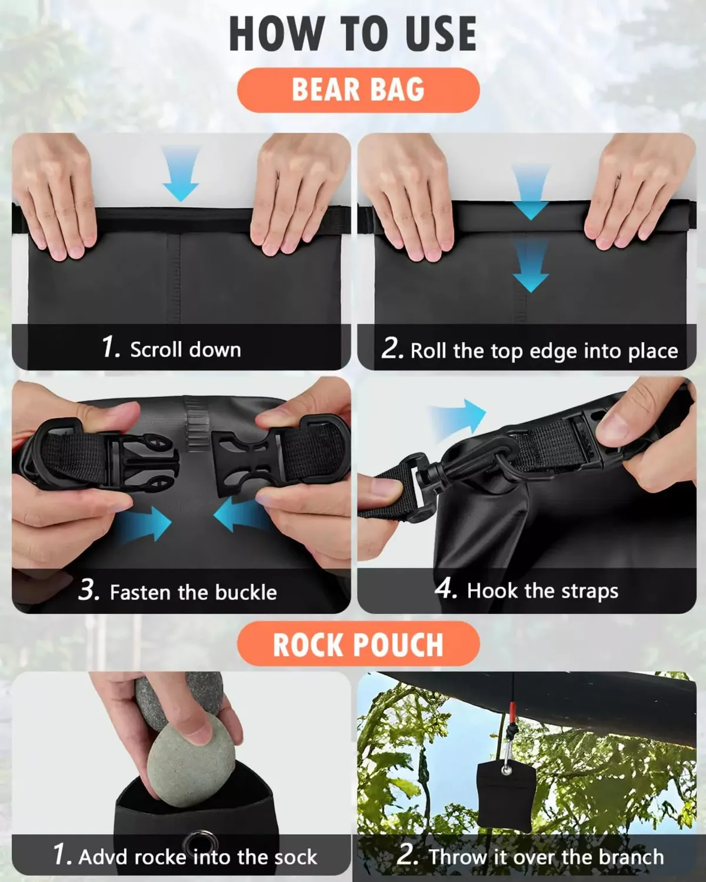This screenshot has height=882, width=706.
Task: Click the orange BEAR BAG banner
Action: point(358,90)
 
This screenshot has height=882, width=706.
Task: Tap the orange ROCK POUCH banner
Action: point(358,644)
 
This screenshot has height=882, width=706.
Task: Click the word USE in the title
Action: point(438,34)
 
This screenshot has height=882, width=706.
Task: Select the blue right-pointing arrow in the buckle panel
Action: point(144,523)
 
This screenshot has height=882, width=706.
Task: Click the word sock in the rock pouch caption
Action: point(296,856)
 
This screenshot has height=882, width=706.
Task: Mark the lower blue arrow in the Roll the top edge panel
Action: point(531,266)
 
